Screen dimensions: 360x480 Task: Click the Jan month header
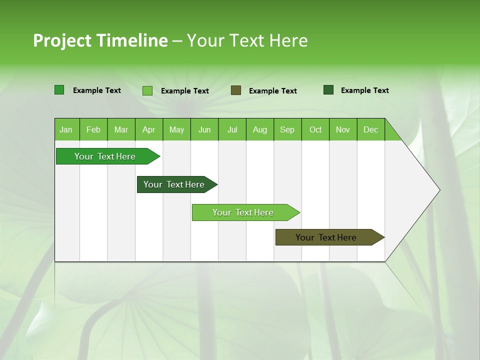(66, 129)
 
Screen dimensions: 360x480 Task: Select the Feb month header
(93, 129)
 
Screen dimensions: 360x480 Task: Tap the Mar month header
(121, 129)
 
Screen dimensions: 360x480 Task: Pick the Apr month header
(149, 129)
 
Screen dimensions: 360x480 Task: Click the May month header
(176, 129)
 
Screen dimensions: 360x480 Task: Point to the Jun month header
(204, 129)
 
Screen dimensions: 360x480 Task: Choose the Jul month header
(232, 129)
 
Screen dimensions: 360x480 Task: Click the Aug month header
(260, 129)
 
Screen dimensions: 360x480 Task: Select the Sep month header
(287, 129)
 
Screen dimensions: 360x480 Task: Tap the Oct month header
(315, 129)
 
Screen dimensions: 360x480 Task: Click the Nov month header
(343, 129)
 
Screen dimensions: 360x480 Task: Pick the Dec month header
(371, 129)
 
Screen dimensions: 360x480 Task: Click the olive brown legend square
(236, 90)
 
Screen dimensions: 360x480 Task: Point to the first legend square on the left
(59, 90)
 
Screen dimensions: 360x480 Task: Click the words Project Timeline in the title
(100, 40)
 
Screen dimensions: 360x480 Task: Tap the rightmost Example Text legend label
(364, 90)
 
